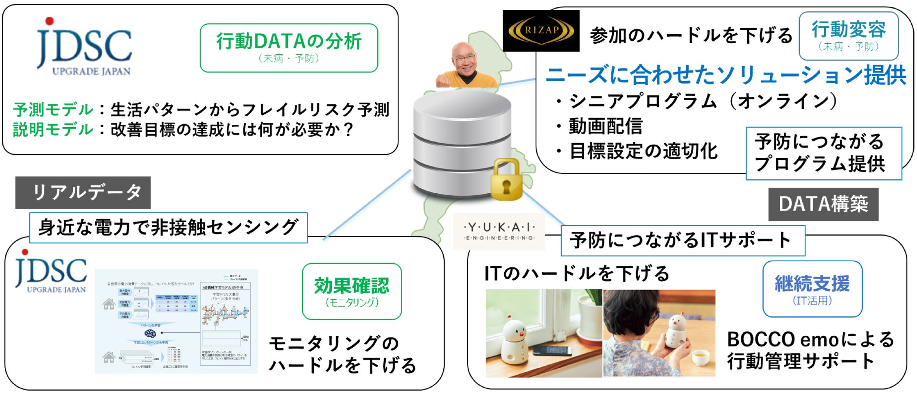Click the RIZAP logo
click(x=541, y=31)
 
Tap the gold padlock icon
click(x=506, y=180)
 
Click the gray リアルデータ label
click(x=83, y=192)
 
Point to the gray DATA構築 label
click(x=823, y=204)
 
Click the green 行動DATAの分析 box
click(x=289, y=48)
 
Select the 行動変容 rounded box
click(x=848, y=36)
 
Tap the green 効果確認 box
click(x=352, y=291)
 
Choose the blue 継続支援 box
click(x=812, y=289)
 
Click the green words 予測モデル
click(x=53, y=110)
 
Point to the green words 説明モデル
click(x=53, y=130)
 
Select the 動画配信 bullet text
click(x=605, y=126)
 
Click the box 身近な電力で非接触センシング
click(x=168, y=227)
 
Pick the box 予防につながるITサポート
click(x=683, y=241)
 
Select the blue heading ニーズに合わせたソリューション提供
click(x=725, y=75)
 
